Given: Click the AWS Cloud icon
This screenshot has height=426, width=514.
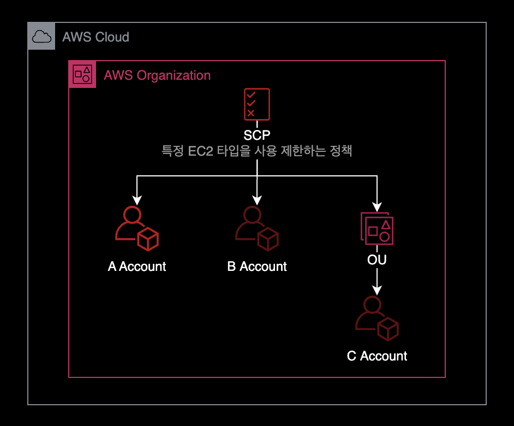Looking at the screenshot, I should click(41, 37).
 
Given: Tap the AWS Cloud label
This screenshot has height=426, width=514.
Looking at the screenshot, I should click(95, 37).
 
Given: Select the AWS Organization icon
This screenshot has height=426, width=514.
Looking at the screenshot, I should click(82, 74).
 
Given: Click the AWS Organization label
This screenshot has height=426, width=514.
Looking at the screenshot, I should click(157, 75).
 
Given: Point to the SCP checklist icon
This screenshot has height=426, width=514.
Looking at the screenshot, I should click(256, 104).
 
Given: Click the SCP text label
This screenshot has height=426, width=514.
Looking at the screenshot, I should click(257, 135).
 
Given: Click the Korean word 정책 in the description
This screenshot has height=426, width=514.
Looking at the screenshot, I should click(341, 151).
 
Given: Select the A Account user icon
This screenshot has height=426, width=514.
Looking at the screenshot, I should click(136, 228).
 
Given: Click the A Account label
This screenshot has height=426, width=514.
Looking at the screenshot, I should click(137, 267).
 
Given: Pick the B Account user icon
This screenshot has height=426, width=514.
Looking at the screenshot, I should click(256, 228).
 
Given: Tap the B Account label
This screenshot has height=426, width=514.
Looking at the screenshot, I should click(257, 267).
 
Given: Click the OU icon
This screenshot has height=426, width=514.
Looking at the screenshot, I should click(377, 228).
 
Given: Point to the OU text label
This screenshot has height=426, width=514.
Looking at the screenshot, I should click(377, 260).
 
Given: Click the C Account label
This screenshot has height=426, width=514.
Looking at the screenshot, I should click(377, 356).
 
